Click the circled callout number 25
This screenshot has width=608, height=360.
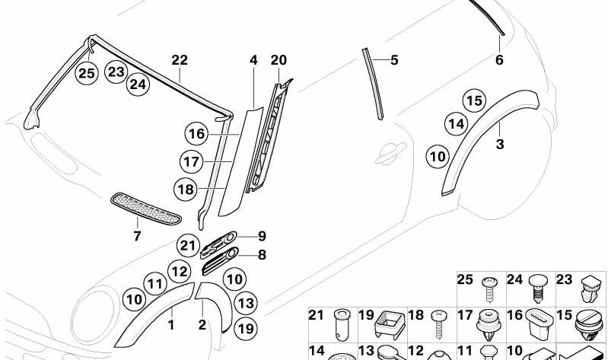tap(87, 73)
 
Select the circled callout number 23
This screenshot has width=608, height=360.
tap(116, 72)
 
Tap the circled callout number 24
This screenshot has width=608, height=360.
tap(138, 84)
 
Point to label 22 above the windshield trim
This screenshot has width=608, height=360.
tap(180, 60)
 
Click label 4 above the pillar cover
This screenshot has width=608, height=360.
tap(253, 60)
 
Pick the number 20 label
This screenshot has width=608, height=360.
tap(279, 60)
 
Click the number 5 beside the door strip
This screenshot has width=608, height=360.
tap(394, 60)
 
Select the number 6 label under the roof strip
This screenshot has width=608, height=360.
tap(499, 60)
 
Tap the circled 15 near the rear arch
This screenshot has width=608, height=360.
tap(474, 101)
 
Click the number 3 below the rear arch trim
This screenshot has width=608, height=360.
tap(500, 145)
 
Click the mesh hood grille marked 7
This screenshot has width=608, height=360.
tap(145, 209)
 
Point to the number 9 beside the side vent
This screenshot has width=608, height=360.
tap(262, 236)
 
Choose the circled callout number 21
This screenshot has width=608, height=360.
tap(188, 246)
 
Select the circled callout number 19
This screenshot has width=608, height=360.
tap(246, 329)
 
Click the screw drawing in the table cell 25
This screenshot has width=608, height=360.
tap(489, 289)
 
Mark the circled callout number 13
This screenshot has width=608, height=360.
tap(246, 304)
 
